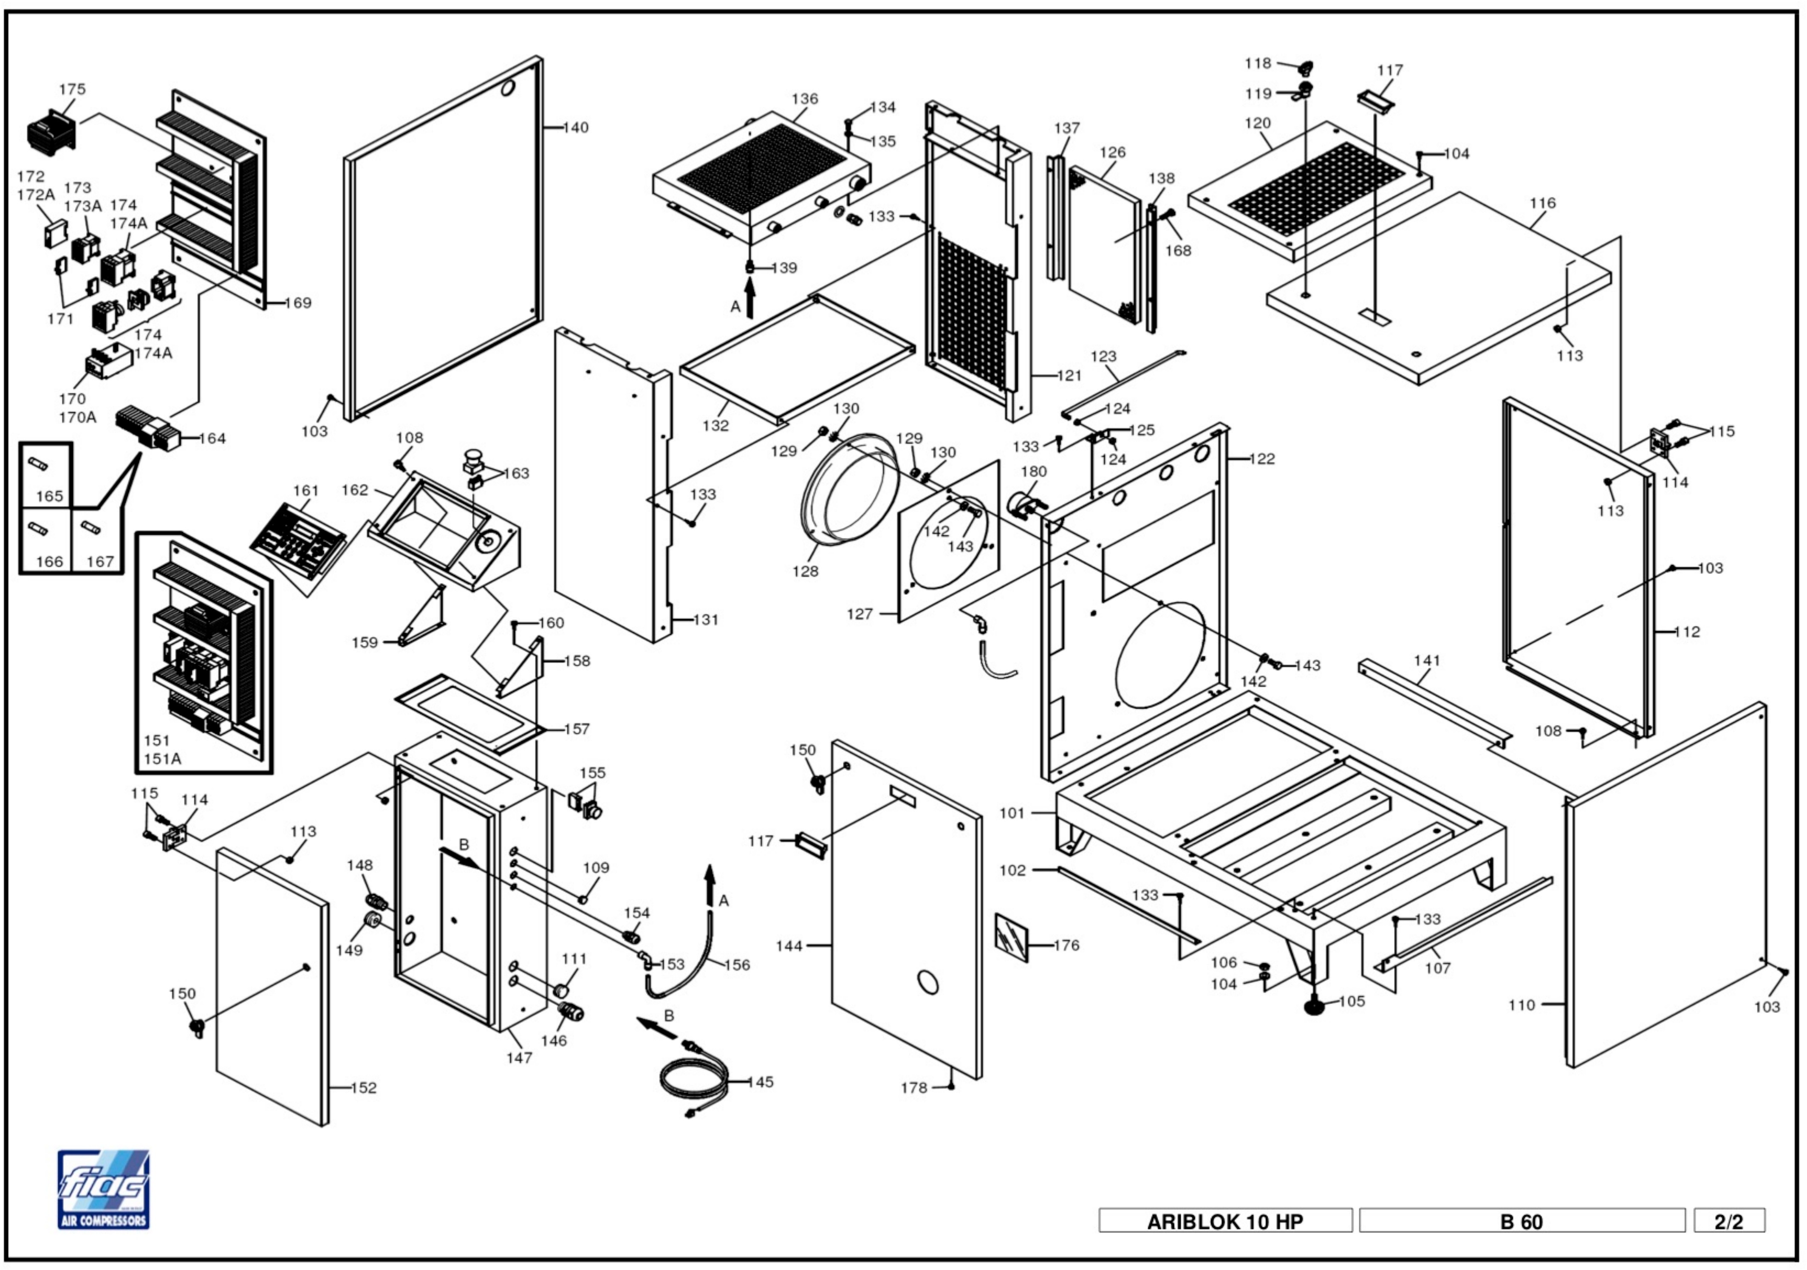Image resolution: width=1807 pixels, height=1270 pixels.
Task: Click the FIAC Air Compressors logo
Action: point(103,1189)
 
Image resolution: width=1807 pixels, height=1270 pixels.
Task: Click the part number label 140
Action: point(576,127)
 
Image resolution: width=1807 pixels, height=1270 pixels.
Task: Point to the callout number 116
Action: point(1543,203)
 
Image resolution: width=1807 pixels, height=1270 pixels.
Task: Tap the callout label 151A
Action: point(162,758)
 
